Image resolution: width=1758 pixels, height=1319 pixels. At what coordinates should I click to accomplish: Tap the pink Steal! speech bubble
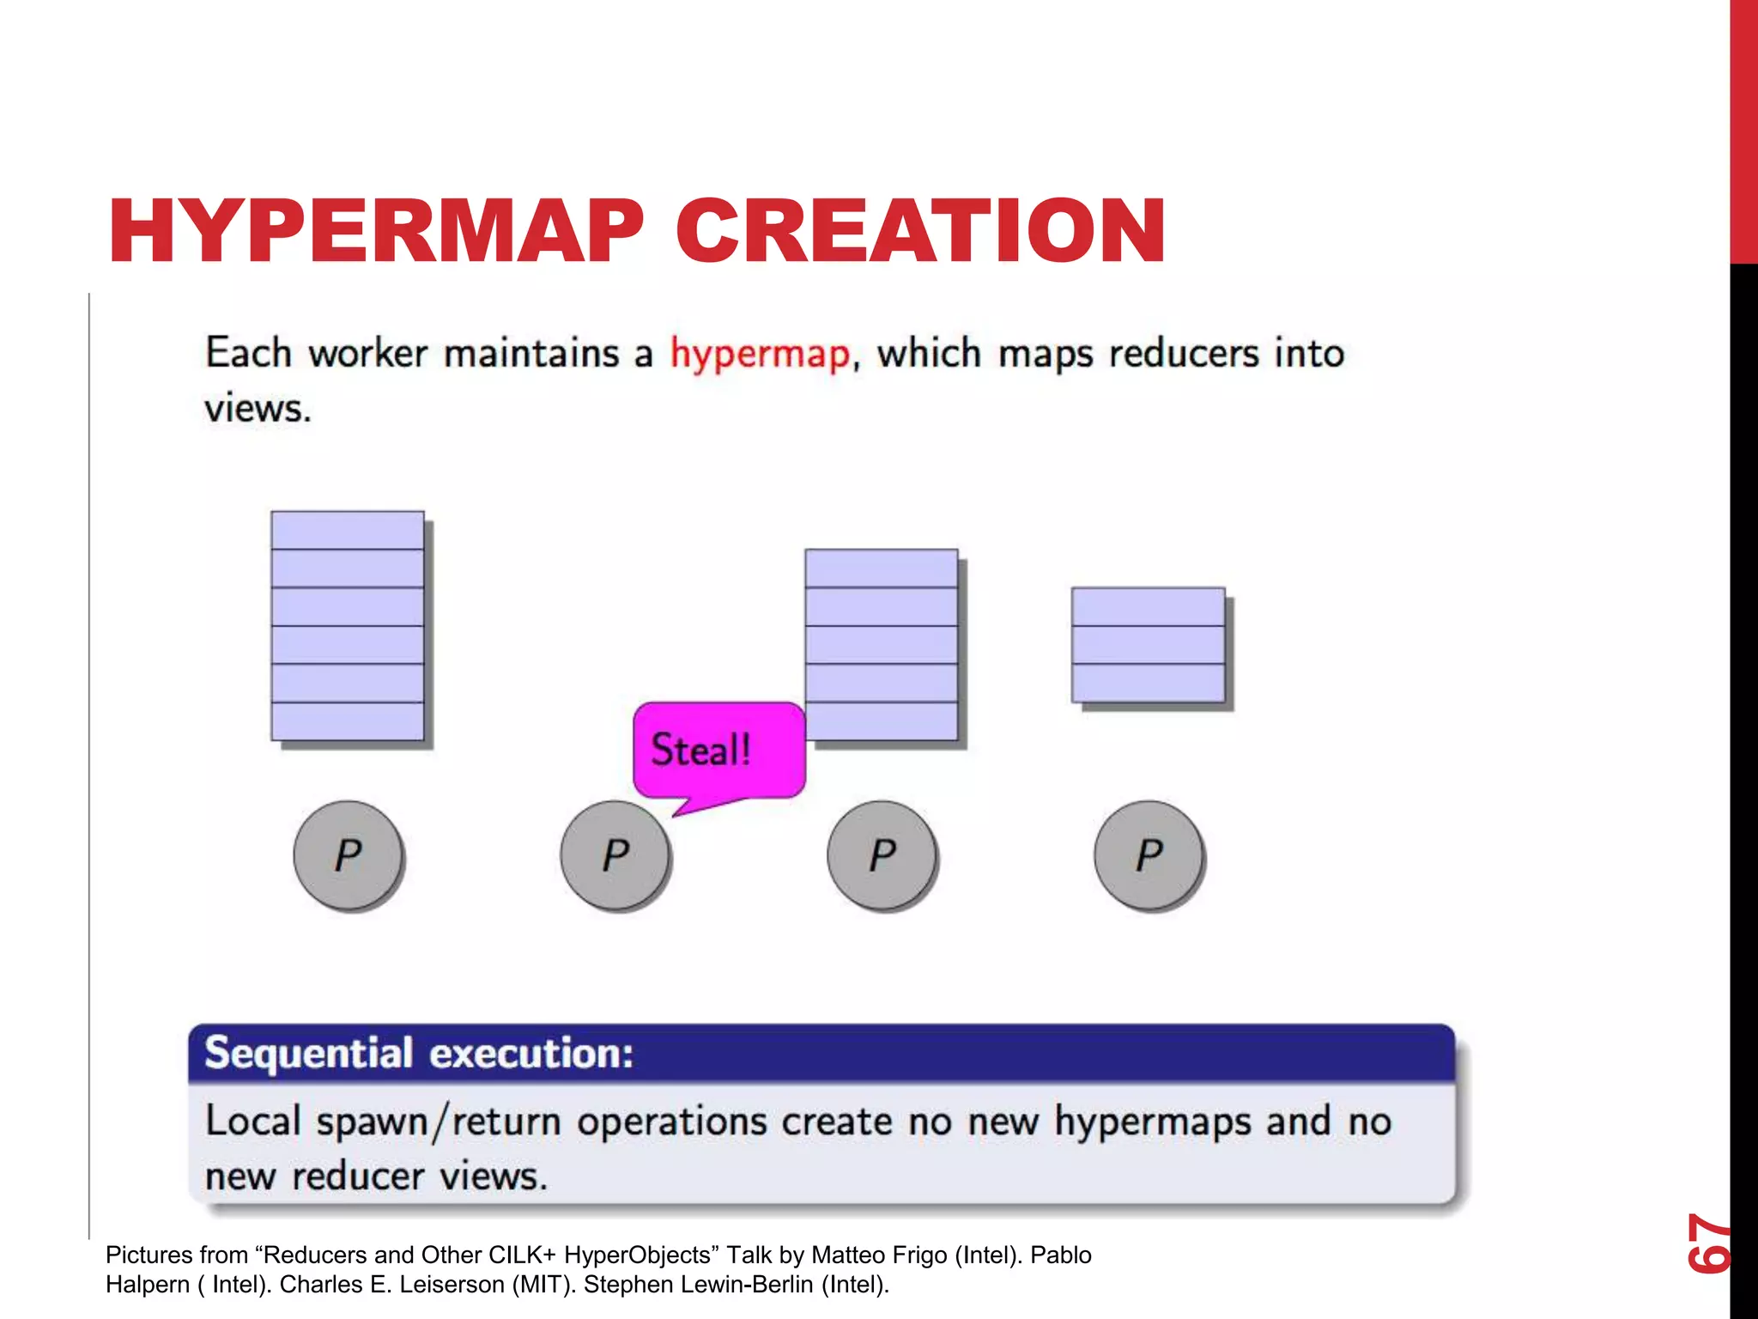(x=718, y=750)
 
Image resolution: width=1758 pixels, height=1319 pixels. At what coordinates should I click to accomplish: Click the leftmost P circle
(x=348, y=854)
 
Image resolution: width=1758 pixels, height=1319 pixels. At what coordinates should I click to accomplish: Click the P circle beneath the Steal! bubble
(x=615, y=854)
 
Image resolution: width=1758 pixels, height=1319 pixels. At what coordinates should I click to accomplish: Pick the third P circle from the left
(x=882, y=854)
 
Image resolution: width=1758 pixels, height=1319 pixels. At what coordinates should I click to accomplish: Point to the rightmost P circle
(x=1149, y=854)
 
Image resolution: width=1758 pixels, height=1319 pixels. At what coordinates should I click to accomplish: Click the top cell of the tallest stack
(x=347, y=531)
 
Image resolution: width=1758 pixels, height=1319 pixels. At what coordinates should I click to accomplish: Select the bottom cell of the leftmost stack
(x=347, y=721)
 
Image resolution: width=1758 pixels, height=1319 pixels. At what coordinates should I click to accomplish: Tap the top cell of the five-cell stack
(x=881, y=568)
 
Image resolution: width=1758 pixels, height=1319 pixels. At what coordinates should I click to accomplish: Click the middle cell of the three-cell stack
(x=1148, y=645)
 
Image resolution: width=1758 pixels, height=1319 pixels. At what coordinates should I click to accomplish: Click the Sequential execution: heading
(x=419, y=1054)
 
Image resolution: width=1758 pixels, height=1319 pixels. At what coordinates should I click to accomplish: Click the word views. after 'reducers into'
(x=258, y=408)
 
